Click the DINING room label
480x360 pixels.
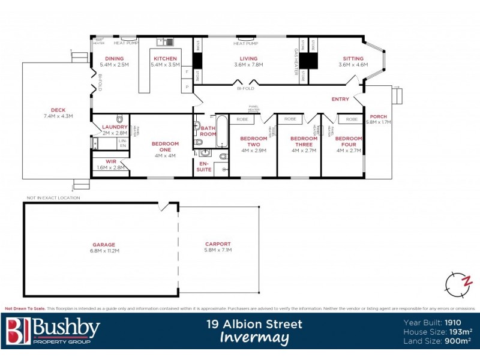point(114,58)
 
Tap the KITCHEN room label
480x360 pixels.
point(165,58)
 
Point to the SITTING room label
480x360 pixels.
point(353,58)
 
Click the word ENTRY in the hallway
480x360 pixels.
point(340,99)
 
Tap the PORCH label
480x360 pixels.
point(378,116)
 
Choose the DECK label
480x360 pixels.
point(58,110)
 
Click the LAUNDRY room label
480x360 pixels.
point(115,127)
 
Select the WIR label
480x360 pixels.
point(110,161)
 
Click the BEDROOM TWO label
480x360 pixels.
point(254,142)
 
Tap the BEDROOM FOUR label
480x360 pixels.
point(349,142)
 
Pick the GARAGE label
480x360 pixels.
point(104,245)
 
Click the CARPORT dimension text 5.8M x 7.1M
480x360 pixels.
point(218,250)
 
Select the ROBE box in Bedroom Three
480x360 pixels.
point(290,119)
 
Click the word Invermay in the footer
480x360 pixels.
point(254,338)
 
